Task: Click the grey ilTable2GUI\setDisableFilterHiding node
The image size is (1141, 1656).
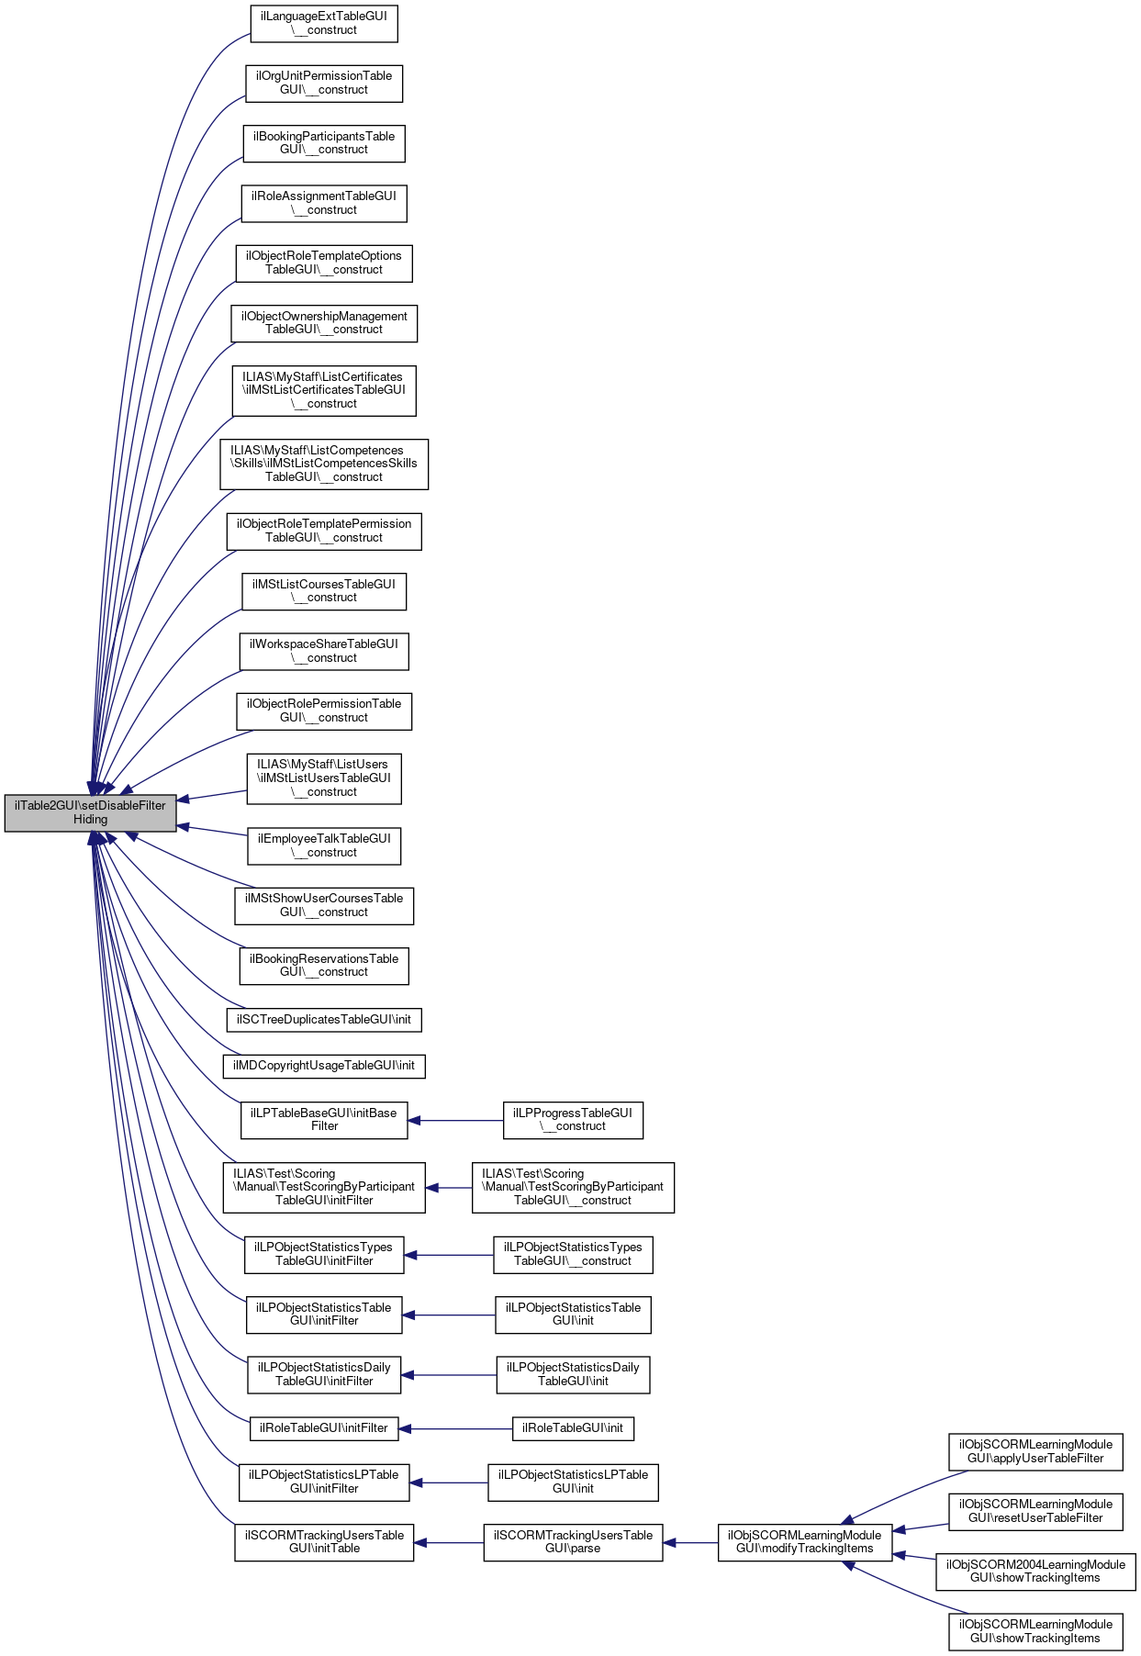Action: click(x=90, y=812)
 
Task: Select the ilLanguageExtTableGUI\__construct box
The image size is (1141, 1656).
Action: click(x=324, y=23)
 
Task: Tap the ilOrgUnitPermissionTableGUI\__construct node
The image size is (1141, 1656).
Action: click(x=324, y=84)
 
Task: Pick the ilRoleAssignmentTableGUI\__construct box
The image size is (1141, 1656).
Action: click(x=324, y=203)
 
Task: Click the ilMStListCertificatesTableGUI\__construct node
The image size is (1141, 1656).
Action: click(x=324, y=390)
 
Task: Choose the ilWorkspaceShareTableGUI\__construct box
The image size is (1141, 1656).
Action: click(x=324, y=651)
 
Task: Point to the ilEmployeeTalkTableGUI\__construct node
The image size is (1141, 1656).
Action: click(x=324, y=845)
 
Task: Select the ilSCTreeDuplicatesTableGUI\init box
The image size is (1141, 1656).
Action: click(x=324, y=1019)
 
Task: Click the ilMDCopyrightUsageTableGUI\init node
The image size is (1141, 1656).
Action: click(x=324, y=1066)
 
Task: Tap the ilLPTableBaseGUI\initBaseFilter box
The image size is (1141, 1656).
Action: click(x=324, y=1120)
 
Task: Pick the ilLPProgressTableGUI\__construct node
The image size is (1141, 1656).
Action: click(x=573, y=1120)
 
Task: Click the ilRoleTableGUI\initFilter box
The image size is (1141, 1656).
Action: click(x=324, y=1428)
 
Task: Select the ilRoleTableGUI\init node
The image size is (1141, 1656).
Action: click(x=573, y=1428)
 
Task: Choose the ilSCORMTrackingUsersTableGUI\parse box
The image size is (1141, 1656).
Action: click(x=573, y=1542)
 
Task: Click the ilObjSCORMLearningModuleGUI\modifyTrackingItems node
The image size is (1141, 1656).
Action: click(x=804, y=1542)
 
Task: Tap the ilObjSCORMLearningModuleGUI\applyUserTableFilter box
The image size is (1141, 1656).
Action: click(x=1035, y=1451)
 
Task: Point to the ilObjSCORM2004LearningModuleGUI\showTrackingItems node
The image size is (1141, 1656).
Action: click(x=1035, y=1572)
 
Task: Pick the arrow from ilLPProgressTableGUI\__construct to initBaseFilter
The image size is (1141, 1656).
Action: click(x=455, y=1120)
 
